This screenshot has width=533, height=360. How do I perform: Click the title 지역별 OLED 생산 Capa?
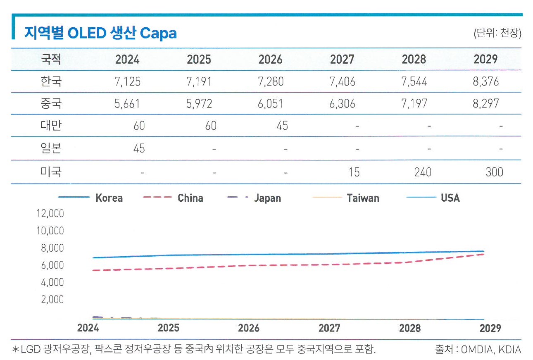click(x=100, y=33)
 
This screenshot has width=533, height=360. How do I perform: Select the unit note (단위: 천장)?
click(x=497, y=33)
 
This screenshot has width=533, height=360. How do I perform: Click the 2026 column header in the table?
click(x=271, y=60)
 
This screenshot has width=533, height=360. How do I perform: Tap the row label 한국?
click(x=51, y=81)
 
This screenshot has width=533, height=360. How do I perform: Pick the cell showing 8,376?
click(x=486, y=81)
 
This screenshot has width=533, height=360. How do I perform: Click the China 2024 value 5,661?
click(x=127, y=103)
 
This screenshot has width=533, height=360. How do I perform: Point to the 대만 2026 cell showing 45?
click(x=282, y=125)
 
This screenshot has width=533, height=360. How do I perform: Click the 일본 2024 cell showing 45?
click(x=139, y=148)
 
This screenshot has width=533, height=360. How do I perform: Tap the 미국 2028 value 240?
click(x=422, y=172)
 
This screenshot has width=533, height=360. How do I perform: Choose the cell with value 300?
click(x=494, y=172)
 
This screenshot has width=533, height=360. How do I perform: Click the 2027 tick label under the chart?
click(x=329, y=328)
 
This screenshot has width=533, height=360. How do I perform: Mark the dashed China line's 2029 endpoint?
click(x=484, y=254)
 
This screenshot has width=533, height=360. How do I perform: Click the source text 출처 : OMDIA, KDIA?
click(x=478, y=350)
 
